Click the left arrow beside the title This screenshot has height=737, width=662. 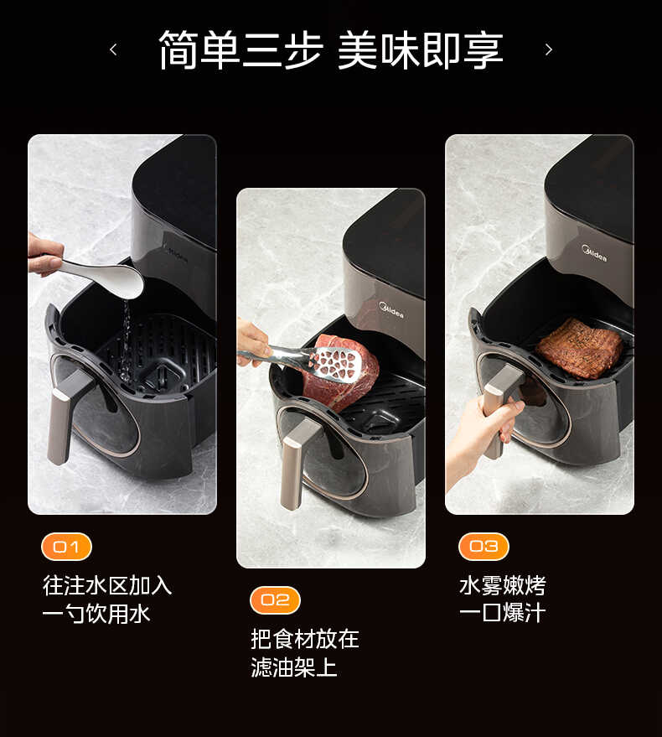113,50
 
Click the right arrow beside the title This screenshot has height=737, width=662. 549,50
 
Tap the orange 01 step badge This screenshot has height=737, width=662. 66,547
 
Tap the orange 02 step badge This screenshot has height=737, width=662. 275,599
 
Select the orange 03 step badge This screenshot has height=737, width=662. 484,547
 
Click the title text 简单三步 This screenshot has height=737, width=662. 240,50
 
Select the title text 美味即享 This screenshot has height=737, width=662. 420,50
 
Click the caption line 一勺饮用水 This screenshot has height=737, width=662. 96,614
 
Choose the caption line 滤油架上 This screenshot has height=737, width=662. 294,667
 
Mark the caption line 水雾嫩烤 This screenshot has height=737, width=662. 502,585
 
